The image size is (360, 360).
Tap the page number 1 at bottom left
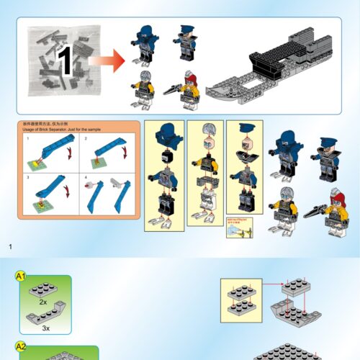11,248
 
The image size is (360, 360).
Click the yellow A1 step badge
22,276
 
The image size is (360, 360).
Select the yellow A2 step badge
22,346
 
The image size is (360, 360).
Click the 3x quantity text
46,328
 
